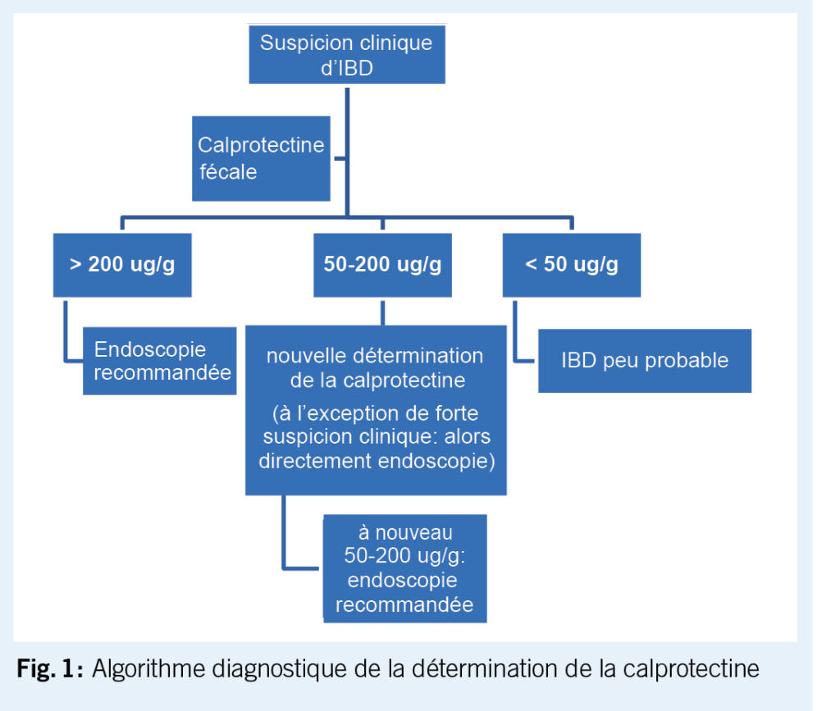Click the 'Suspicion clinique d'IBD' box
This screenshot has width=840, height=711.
(x=346, y=54)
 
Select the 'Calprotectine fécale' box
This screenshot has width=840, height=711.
(x=261, y=158)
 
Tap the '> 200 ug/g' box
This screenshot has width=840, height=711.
(x=122, y=265)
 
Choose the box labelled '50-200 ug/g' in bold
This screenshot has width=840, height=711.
(x=382, y=265)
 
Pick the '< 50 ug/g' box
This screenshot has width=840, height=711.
(x=571, y=265)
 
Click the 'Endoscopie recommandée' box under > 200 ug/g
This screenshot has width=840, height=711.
(x=160, y=361)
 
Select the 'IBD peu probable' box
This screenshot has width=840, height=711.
(x=645, y=361)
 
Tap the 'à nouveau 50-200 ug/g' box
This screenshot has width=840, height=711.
(x=405, y=568)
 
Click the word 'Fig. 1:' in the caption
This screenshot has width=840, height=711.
(x=50, y=668)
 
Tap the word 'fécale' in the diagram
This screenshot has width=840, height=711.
(x=227, y=171)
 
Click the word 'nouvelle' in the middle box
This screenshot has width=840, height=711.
(x=304, y=356)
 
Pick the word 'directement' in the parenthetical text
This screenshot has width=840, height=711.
(x=315, y=460)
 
